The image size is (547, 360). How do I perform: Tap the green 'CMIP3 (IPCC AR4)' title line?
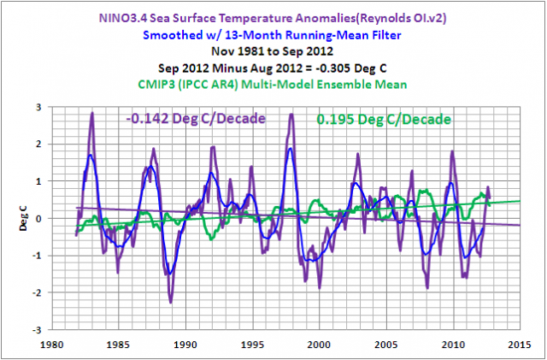coord(273,82)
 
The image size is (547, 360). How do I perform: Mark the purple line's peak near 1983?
coord(92,113)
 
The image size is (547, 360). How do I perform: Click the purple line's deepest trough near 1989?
coord(171,302)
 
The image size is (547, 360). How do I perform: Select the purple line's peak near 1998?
coord(291,114)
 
